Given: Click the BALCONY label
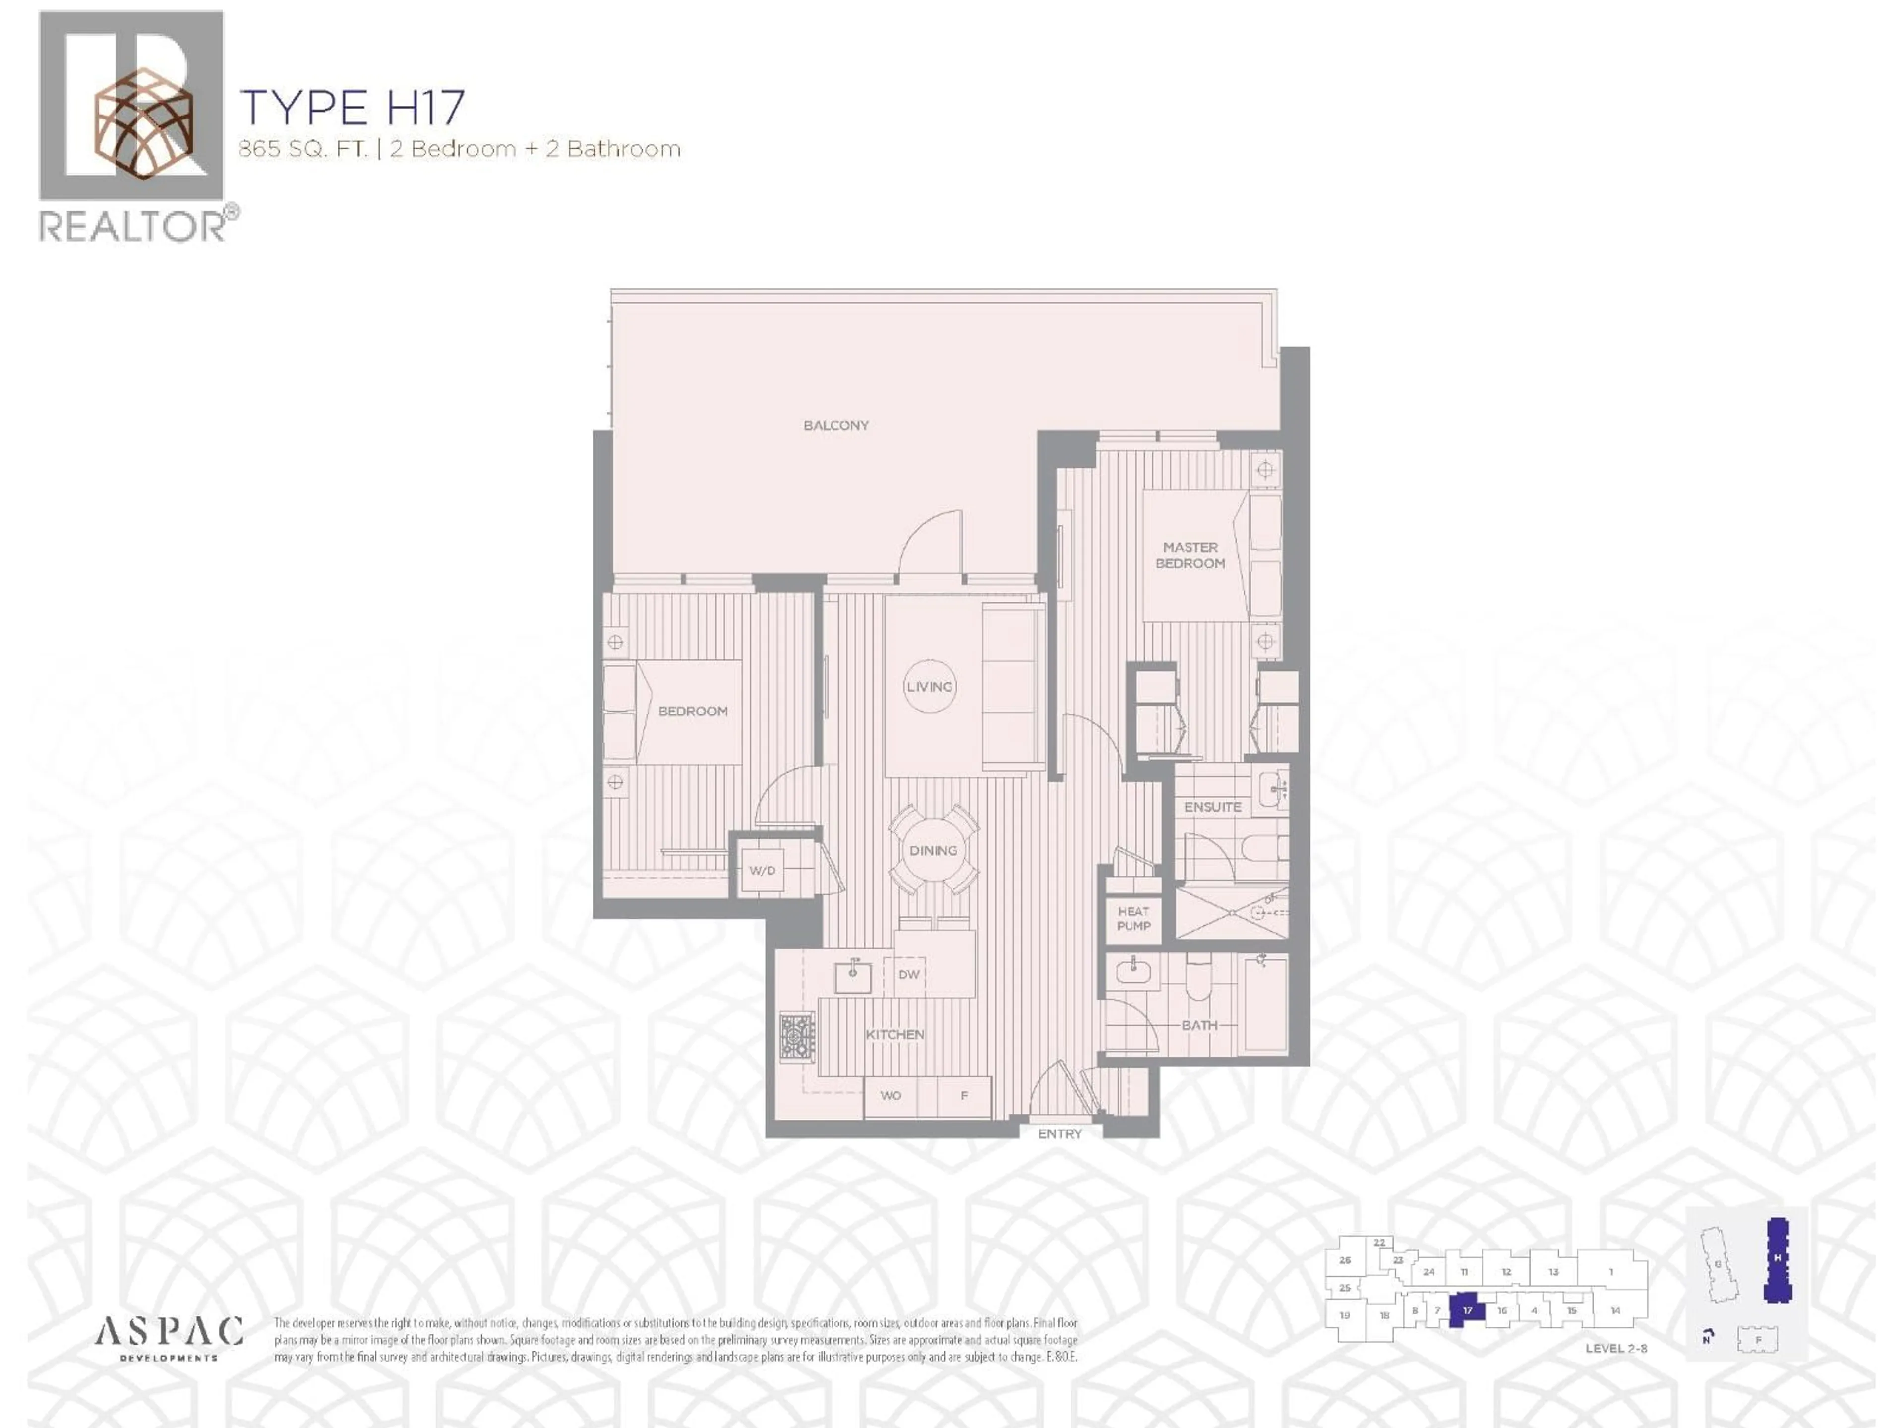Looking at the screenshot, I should tap(836, 425).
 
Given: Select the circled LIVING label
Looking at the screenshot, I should tap(930, 686).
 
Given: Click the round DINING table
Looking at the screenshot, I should tap(933, 850).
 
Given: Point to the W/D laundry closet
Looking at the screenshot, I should tap(762, 870).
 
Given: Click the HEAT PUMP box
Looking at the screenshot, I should tap(1133, 918).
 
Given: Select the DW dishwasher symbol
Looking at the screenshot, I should tap(909, 974).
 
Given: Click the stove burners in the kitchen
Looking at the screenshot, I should tap(797, 1035).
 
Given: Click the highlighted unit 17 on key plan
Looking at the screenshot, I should tap(1468, 1310).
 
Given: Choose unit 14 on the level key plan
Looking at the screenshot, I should tap(1615, 1310).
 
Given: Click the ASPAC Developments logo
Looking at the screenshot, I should tap(169, 1338).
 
